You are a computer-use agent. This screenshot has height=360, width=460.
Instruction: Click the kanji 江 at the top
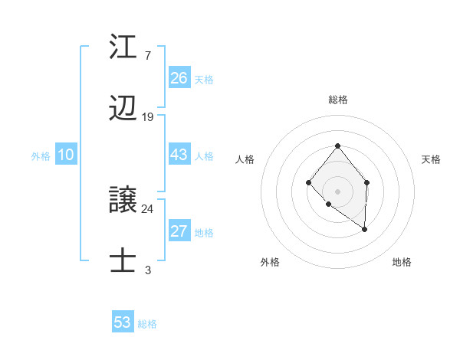123,47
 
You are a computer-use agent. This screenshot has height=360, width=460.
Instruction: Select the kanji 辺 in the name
123,110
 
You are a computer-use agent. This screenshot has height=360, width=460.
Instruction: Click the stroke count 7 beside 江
147,56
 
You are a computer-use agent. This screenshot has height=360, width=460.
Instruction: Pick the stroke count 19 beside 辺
148,117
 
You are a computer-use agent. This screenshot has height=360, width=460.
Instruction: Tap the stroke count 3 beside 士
147,270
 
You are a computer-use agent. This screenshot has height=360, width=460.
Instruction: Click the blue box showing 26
179,78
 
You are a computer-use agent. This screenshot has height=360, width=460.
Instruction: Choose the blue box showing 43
179,155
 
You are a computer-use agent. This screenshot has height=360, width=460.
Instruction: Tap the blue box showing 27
179,232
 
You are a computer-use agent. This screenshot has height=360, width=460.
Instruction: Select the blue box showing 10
66,155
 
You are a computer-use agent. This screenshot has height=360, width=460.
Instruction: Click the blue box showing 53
123,322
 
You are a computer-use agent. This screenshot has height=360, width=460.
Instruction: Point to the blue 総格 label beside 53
147,324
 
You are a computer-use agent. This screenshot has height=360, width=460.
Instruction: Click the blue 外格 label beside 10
41,156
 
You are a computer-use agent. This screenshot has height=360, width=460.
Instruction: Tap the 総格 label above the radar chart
337,100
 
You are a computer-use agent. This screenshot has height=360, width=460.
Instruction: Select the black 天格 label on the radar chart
431,159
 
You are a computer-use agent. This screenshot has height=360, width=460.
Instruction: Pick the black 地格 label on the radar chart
402,262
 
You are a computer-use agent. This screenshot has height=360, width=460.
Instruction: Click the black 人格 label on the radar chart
245,159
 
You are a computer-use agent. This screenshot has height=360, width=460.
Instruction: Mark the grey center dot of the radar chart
337,191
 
